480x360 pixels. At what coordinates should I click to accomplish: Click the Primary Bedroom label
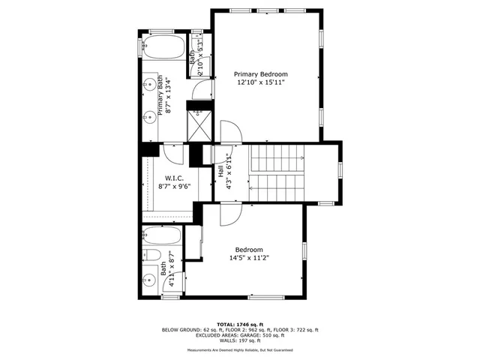(x=260, y=74)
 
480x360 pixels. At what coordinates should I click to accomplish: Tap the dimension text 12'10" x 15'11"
(x=260, y=83)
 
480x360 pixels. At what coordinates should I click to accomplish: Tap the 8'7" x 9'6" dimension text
(x=174, y=187)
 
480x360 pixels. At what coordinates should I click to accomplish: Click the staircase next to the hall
(x=277, y=172)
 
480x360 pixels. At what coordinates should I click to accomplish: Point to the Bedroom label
(x=248, y=250)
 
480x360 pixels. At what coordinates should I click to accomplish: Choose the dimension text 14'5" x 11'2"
(x=248, y=259)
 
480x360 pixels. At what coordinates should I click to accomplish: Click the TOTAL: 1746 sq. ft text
(x=239, y=324)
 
